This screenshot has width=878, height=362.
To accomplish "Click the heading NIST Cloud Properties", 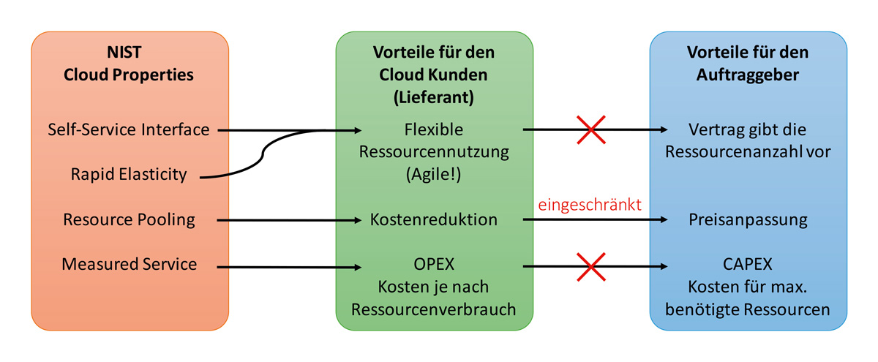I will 128,64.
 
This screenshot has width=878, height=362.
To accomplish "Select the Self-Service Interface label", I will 128,130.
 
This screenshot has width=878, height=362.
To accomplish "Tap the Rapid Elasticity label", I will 128,175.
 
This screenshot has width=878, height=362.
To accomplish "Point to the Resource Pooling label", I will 128,219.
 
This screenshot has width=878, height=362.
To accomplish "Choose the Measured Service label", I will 128,264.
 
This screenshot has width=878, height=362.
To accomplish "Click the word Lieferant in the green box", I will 434,95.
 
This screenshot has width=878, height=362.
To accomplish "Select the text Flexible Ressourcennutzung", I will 434,142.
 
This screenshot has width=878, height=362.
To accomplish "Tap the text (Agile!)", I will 434,176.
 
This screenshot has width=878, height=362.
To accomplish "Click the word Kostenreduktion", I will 434,219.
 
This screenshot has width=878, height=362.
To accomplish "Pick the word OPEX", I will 434,265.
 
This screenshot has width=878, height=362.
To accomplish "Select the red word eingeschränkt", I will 590,205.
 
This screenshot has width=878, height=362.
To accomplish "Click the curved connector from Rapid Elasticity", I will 263,156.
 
